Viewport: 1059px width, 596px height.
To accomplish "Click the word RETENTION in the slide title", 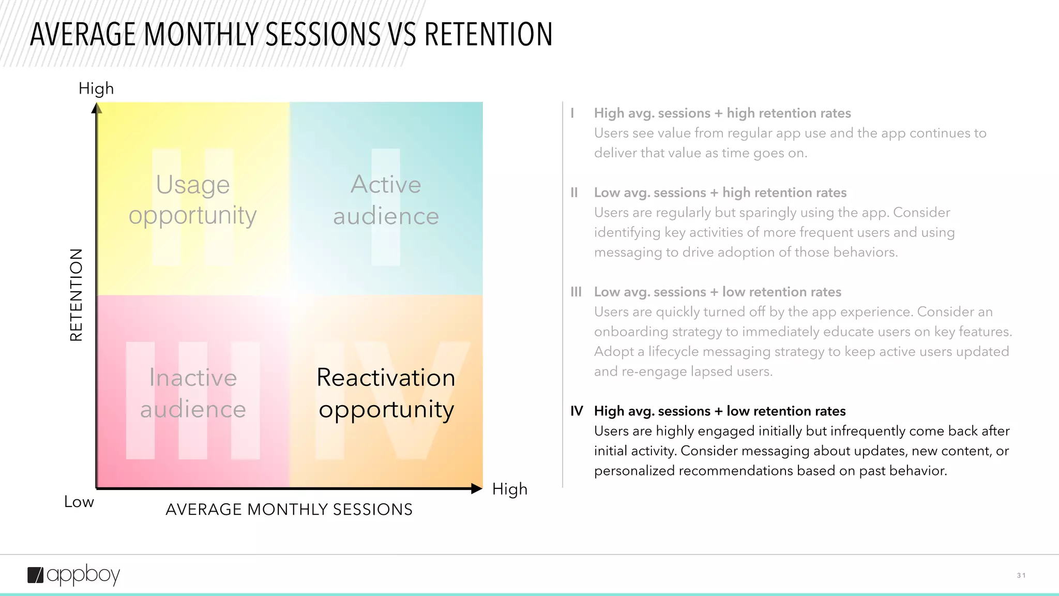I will (x=488, y=35).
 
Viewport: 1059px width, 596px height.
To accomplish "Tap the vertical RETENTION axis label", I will (x=76, y=295).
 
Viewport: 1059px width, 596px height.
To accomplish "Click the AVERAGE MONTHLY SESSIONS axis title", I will (x=289, y=510).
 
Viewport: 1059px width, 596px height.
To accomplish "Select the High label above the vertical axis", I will (x=96, y=88).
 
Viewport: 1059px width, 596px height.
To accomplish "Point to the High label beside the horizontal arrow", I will (x=509, y=489).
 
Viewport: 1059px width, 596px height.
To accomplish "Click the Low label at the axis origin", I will (x=79, y=502).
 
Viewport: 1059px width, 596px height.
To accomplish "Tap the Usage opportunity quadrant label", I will (x=193, y=200).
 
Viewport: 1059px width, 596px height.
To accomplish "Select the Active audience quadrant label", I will (x=386, y=200).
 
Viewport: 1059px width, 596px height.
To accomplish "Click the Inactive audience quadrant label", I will (x=193, y=393).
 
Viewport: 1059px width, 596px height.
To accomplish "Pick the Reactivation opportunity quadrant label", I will (x=386, y=393).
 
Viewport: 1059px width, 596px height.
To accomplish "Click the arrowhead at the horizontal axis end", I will (x=477, y=488).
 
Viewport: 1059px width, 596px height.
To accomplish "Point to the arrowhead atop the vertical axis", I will (x=97, y=108).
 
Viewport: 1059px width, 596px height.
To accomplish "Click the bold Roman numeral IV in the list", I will (x=577, y=411).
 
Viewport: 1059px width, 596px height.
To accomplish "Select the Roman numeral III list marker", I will (x=576, y=292).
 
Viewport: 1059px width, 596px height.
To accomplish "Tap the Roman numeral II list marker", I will (x=574, y=193).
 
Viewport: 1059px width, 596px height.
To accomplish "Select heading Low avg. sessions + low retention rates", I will (x=717, y=292).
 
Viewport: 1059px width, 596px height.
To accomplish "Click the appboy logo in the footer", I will (x=73, y=575).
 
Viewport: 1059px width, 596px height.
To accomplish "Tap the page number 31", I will (x=1021, y=575).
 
